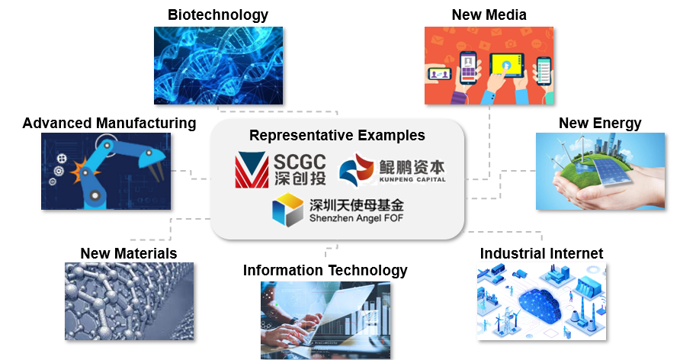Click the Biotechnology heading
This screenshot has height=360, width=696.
(218, 15)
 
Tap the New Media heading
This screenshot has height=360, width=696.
(489, 14)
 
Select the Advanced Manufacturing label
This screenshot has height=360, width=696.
(109, 123)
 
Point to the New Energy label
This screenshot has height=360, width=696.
(600, 123)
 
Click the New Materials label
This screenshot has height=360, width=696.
(129, 253)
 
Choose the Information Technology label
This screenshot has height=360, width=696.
(325, 270)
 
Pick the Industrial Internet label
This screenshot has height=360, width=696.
(541, 253)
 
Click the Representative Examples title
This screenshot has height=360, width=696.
(337, 136)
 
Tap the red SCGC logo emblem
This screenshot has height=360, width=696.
(252, 170)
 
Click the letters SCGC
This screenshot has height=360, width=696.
(300, 162)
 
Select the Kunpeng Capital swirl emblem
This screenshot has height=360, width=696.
(357, 169)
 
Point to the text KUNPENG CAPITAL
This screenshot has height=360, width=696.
(412, 179)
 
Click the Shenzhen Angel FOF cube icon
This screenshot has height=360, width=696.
(288, 210)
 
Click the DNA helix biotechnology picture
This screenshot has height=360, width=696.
(218, 66)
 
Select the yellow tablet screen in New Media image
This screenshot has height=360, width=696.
(506, 66)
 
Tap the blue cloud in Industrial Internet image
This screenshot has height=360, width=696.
(539, 304)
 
